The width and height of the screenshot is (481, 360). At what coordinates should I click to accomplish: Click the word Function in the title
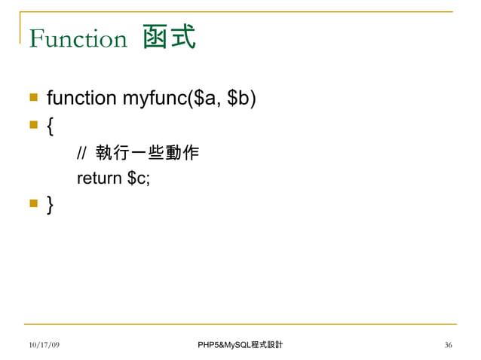click(x=78, y=38)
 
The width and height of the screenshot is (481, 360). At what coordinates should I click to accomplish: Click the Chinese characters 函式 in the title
click(x=169, y=37)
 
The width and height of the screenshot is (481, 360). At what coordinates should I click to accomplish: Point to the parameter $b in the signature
click(x=238, y=99)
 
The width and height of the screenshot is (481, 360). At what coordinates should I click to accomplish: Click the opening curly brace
click(x=50, y=125)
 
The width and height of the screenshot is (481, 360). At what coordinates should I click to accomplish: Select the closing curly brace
click(x=50, y=203)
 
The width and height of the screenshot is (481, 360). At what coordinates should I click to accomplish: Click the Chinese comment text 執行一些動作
click(x=148, y=153)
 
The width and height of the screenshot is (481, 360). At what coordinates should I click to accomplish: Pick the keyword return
click(x=100, y=178)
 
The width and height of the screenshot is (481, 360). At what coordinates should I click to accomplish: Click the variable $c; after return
click(x=139, y=178)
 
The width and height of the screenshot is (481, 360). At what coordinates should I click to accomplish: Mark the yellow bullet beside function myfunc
click(x=33, y=99)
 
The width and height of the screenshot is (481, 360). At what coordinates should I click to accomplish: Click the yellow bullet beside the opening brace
click(x=33, y=125)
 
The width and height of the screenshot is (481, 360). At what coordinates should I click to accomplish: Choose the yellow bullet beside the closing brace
click(x=33, y=203)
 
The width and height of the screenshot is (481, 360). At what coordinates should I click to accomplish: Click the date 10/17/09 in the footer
click(x=44, y=345)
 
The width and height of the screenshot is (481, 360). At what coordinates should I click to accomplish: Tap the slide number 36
click(x=449, y=345)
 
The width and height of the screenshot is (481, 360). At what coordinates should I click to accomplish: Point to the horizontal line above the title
click(x=241, y=12)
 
